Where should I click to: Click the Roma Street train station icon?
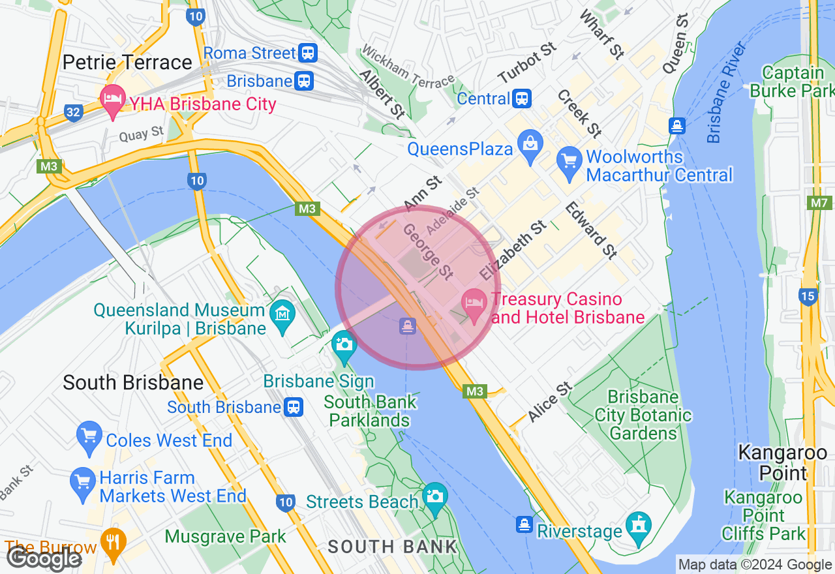tap(308, 53)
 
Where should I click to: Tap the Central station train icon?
tap(522, 98)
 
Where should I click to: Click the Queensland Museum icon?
tap(282, 316)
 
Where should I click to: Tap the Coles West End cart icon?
tap(89, 436)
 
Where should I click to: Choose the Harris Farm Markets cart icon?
tap(82, 483)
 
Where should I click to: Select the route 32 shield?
tap(73, 113)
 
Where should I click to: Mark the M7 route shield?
tap(819, 204)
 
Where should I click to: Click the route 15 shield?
tap(808, 297)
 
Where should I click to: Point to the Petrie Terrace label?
tap(127, 63)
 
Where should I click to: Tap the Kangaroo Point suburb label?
tap(782, 462)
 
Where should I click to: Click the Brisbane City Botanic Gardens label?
tap(643, 415)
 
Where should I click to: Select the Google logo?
tap(44, 558)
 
